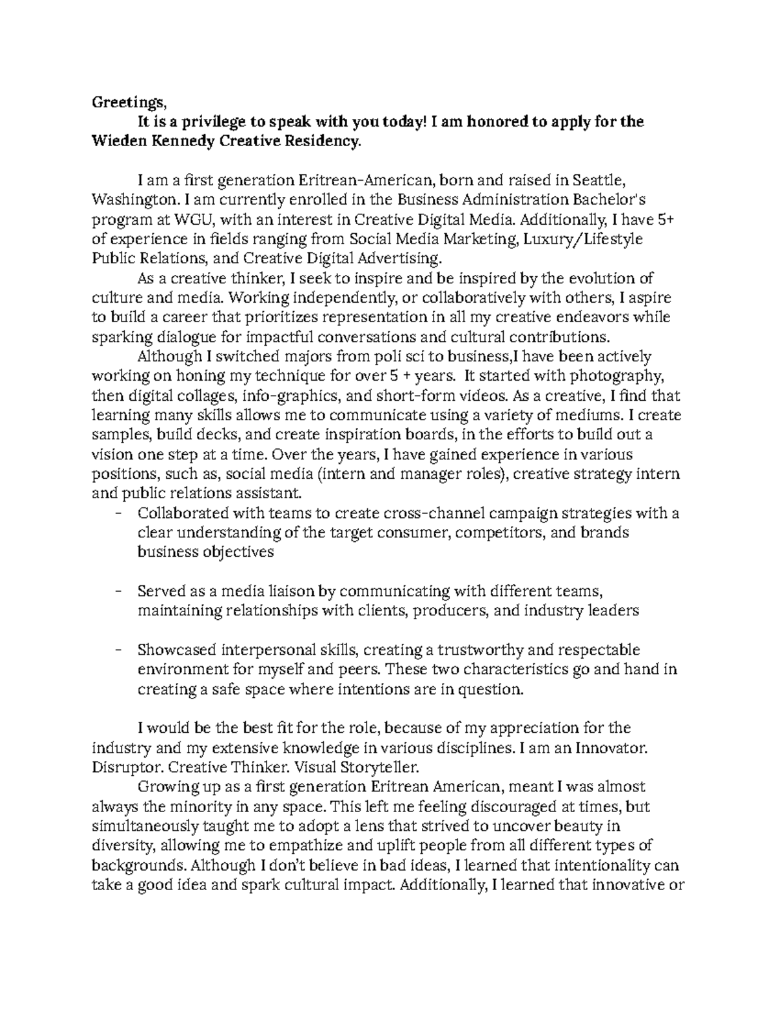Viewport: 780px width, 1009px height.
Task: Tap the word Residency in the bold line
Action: click(321, 142)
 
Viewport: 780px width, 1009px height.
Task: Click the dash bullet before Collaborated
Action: click(118, 513)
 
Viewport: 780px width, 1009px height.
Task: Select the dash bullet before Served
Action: click(118, 591)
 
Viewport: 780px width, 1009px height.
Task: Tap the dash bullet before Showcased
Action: click(118, 650)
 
